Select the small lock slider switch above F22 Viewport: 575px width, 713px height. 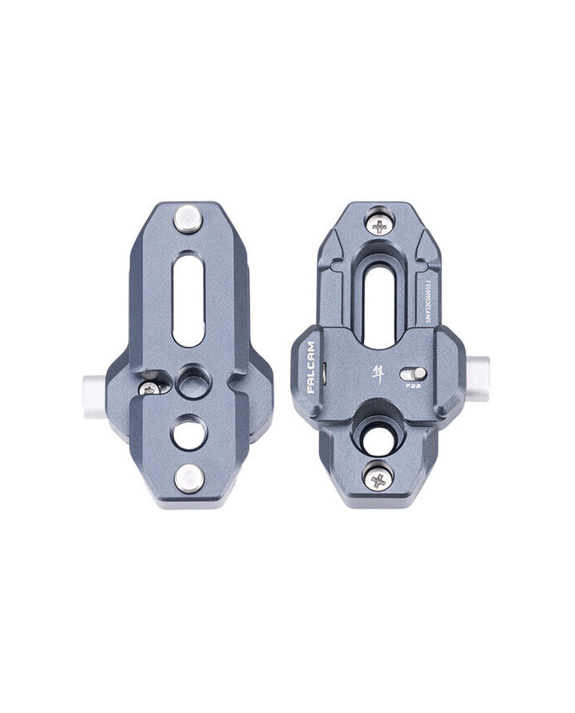(x=412, y=373)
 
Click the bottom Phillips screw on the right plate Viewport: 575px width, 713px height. (x=378, y=477)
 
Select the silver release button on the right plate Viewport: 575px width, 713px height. (x=478, y=378)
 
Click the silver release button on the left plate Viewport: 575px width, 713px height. (x=94, y=395)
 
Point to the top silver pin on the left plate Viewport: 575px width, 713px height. (x=188, y=218)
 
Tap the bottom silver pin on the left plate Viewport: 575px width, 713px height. (x=188, y=478)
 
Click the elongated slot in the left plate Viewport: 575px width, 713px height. (x=189, y=299)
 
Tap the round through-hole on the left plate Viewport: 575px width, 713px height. (x=189, y=432)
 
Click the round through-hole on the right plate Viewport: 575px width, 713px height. (x=379, y=438)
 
